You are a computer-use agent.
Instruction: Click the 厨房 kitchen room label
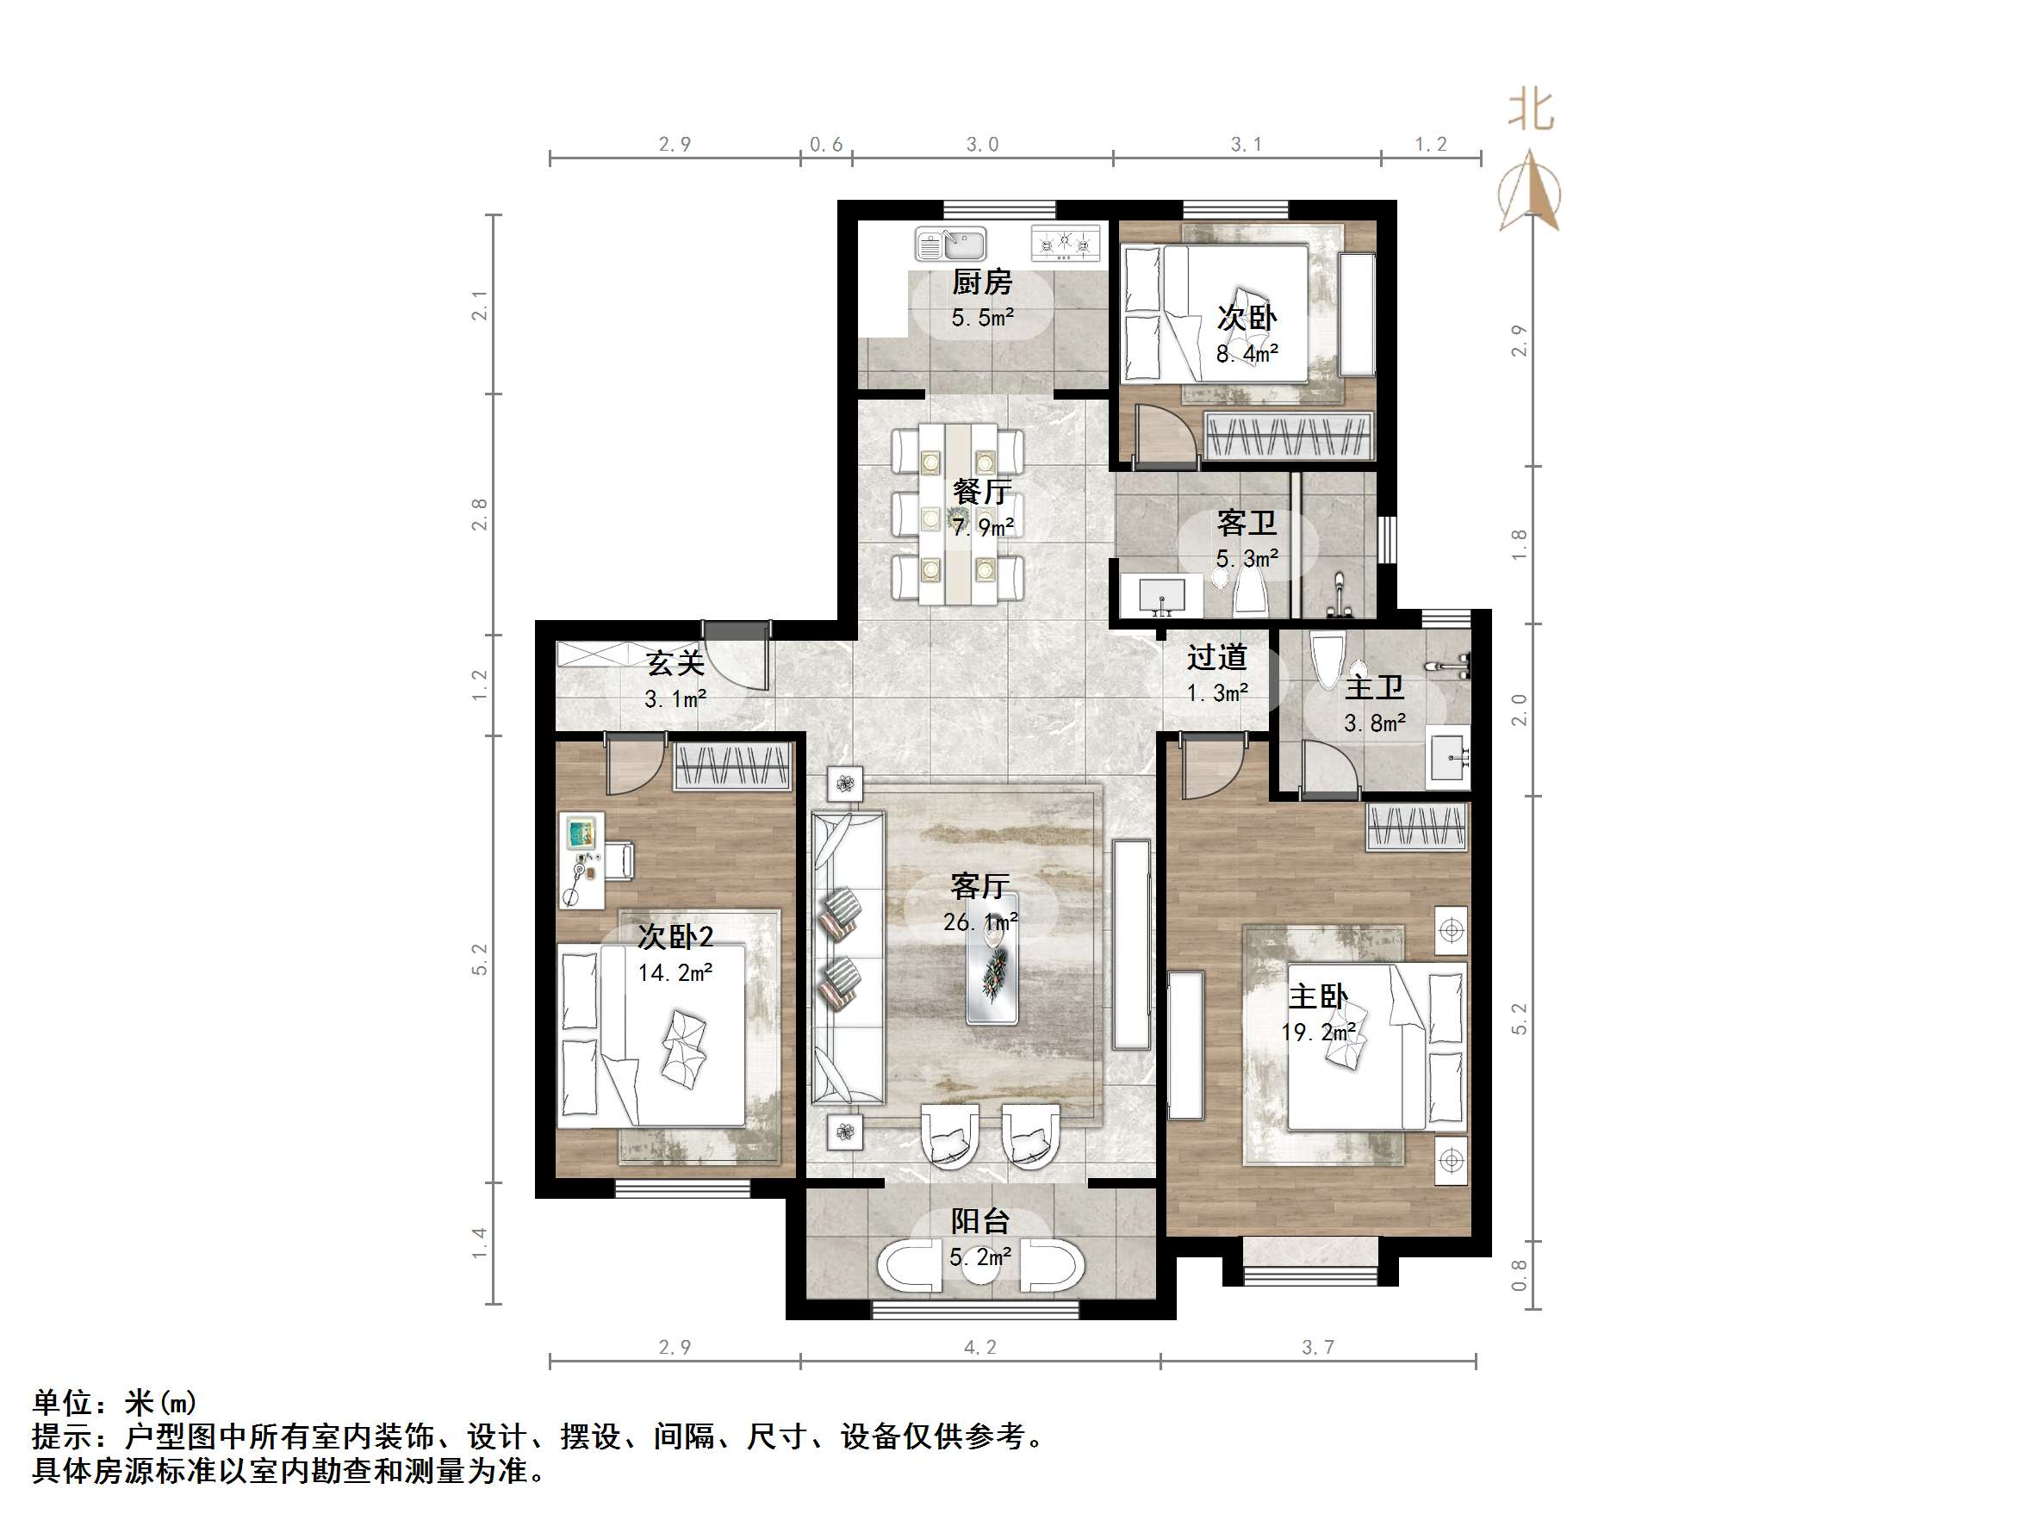pos(981,282)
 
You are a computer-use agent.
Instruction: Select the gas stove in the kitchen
pos(1065,243)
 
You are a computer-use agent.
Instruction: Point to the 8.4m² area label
pos(1247,354)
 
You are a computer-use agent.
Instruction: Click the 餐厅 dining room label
pos(981,492)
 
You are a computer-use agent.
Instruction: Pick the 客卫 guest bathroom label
pos(1247,523)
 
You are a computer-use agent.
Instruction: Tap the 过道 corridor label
pos(1217,658)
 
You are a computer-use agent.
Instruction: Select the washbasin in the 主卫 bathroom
pos(1448,757)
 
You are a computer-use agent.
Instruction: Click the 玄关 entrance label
pos(675,663)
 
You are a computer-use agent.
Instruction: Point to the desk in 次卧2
pos(581,861)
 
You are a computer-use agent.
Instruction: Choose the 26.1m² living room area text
pos(979,921)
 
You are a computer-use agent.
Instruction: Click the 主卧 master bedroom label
pos(1318,997)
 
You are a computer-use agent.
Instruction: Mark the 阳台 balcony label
pos(979,1221)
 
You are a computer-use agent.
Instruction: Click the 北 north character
pos(1530,111)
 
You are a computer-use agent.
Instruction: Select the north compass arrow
pos(1530,191)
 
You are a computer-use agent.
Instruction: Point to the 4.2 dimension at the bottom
pos(979,1347)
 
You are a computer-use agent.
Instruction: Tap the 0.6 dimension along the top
pos(825,145)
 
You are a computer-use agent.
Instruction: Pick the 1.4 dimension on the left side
pos(479,1244)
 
